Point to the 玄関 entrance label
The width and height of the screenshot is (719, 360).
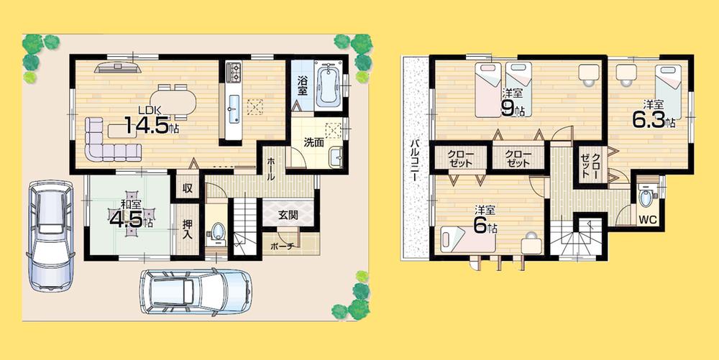(279, 213)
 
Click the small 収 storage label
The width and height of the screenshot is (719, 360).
(186, 189)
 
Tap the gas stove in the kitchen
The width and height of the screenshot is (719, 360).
(235, 73)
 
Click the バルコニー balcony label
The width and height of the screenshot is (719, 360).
(415, 162)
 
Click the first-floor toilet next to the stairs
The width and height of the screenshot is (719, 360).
(217, 234)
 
